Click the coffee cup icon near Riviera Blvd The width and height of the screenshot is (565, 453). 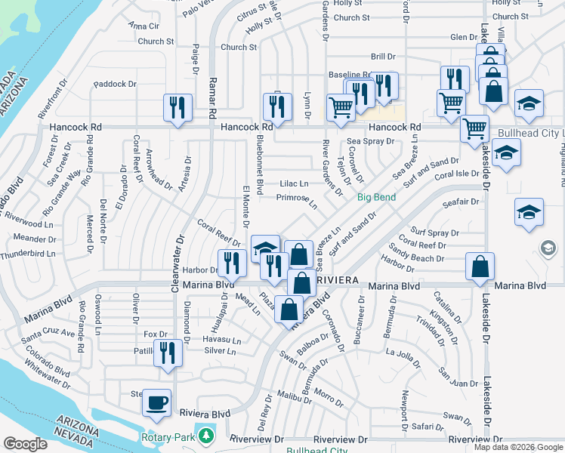[x=157, y=402]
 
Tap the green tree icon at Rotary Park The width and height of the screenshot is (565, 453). [x=205, y=436]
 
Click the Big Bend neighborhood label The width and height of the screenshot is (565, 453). [x=376, y=198]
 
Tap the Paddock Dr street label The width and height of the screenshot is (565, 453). [x=114, y=84]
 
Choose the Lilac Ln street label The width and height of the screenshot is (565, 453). [x=294, y=183]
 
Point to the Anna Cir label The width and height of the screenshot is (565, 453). [x=144, y=26]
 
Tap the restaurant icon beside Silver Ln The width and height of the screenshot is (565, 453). [x=168, y=353]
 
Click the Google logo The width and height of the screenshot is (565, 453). [x=25, y=444]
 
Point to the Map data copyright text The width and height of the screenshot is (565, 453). [x=518, y=447]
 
